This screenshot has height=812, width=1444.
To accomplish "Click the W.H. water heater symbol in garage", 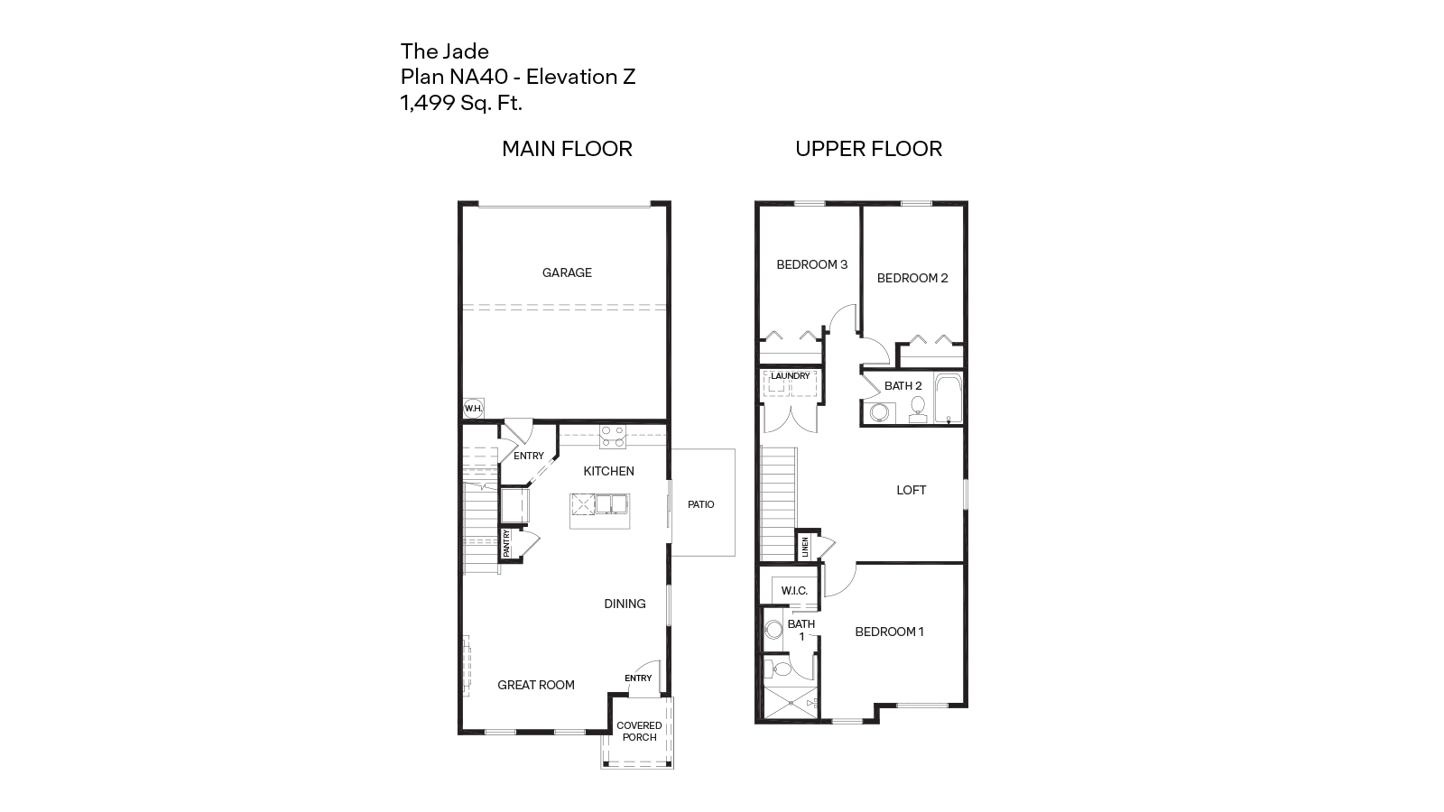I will tap(473, 409).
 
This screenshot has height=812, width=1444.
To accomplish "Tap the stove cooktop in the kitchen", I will tap(613, 437).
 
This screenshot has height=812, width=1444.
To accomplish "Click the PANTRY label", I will tap(507, 544).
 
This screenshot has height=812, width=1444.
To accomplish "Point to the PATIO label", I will tap(700, 504).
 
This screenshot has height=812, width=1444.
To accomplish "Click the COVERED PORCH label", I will tap(639, 731).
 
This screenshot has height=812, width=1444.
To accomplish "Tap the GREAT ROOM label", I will tap(536, 685).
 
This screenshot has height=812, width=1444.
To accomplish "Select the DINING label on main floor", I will tap(625, 604).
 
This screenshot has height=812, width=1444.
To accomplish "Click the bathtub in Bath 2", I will tap(949, 398).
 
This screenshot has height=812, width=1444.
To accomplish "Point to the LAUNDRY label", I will tap(790, 376).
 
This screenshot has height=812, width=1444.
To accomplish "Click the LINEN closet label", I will tap(805, 547).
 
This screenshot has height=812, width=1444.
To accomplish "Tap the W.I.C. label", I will tap(794, 591).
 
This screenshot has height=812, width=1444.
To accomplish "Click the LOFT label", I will tap(911, 490).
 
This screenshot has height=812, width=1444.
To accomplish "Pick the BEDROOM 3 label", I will tap(811, 264).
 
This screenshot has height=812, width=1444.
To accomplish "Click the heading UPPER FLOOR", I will tap(868, 149).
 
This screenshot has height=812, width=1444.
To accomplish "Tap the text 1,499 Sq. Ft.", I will tap(461, 103).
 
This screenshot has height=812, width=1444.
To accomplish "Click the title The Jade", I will tap(444, 51).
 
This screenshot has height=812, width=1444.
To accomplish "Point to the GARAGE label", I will tap(567, 272).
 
